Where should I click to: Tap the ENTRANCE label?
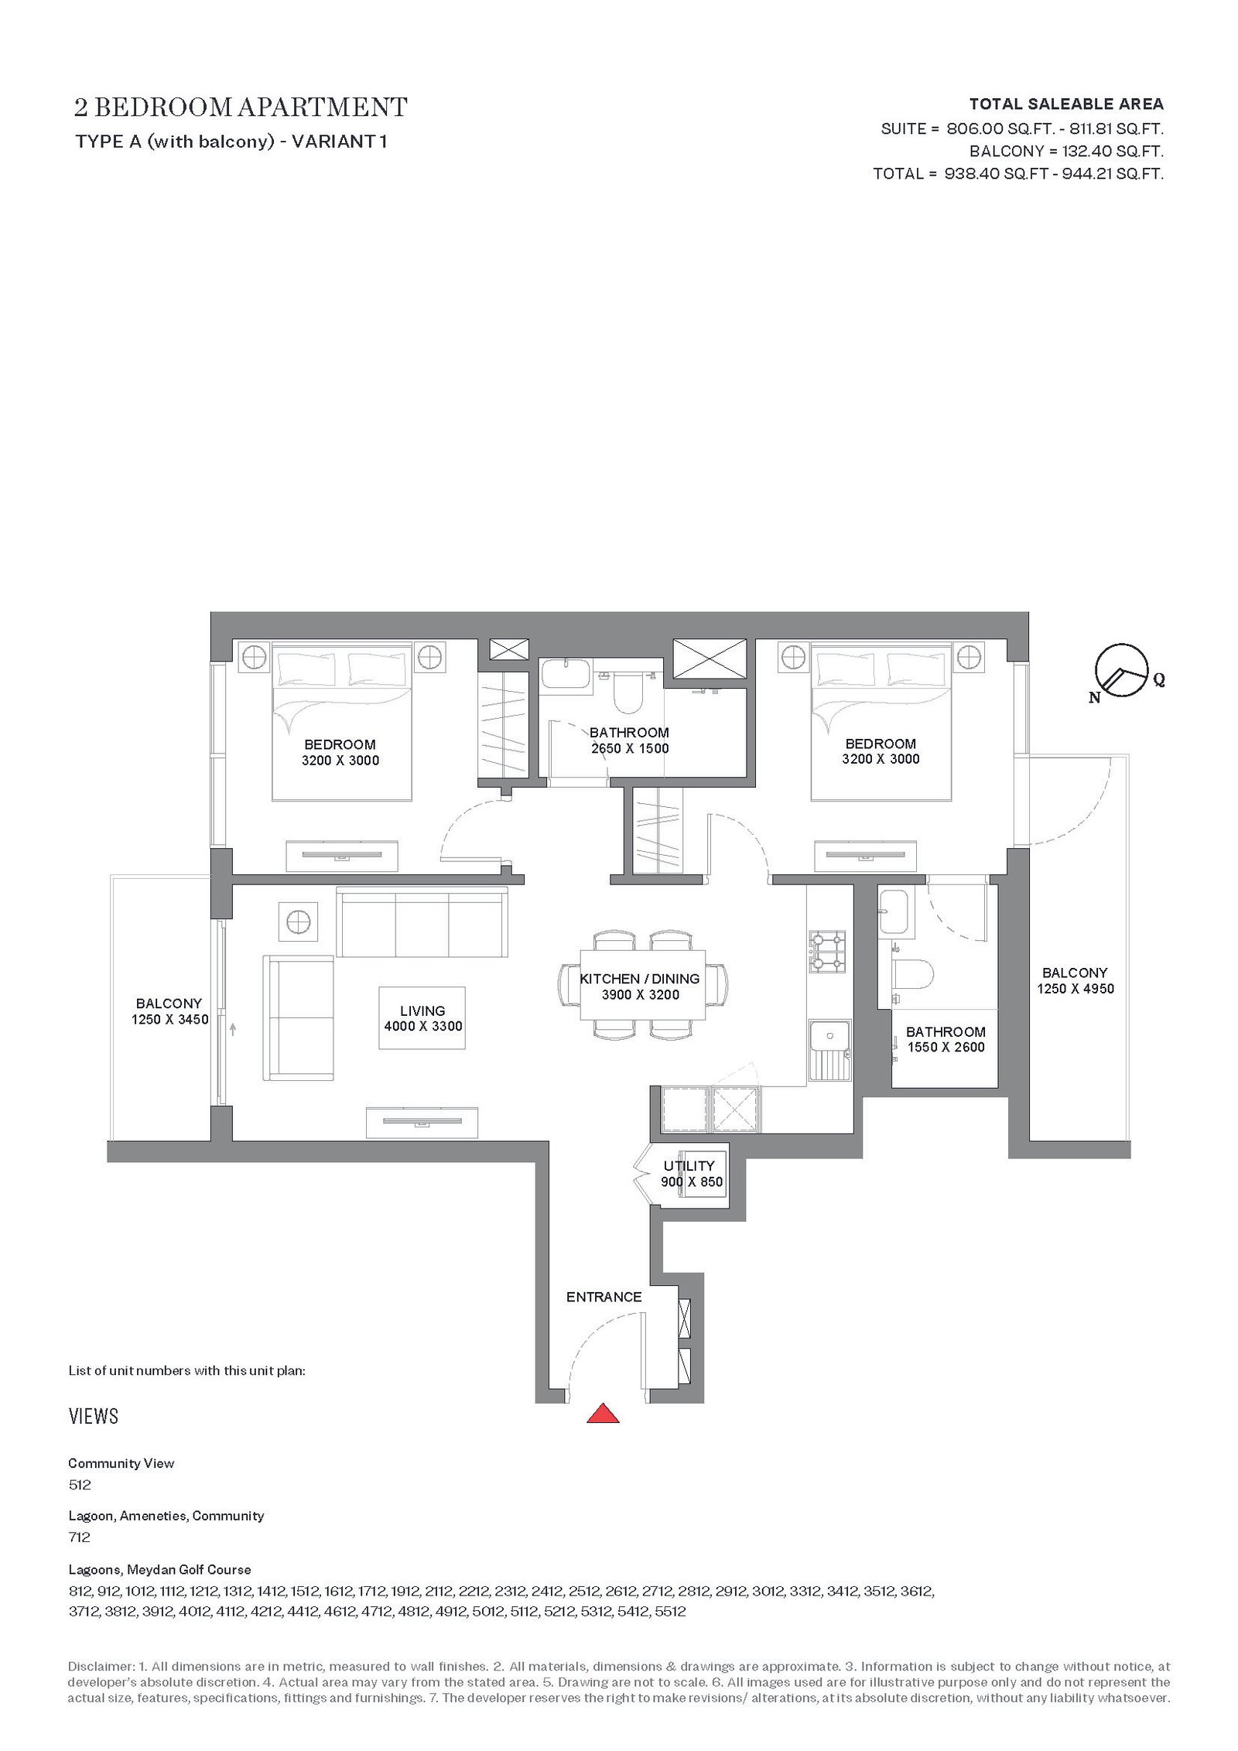point(604,1297)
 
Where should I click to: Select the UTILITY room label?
point(689,1166)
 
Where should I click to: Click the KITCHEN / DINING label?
point(640,979)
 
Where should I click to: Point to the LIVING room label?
point(422,1011)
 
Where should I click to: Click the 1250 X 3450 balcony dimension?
point(169,1020)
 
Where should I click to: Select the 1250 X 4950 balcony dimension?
point(1076,989)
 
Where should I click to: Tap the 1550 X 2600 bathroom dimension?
point(946,1048)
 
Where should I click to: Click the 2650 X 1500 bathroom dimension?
point(630,749)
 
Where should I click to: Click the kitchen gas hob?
point(827,952)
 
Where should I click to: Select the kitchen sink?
point(829,1050)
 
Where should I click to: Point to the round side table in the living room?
point(298,922)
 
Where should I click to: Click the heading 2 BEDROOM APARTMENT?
point(241,107)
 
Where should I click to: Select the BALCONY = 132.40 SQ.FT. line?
point(1066,151)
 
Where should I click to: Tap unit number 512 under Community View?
point(80,1485)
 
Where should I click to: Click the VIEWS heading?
point(94,1417)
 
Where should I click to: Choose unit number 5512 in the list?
point(670,1612)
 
